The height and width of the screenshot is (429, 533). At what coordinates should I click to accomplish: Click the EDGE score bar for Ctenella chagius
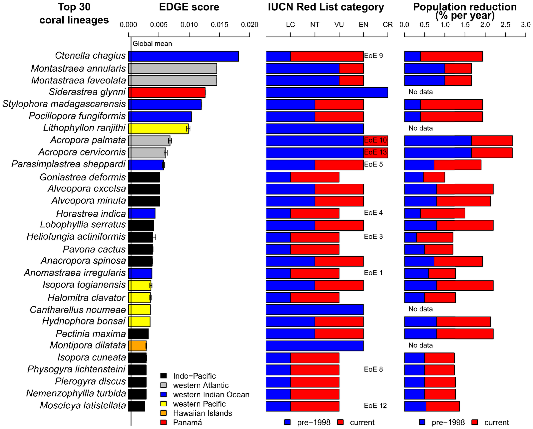point(184,56)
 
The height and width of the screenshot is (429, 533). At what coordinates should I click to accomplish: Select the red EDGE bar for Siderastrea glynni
point(167,92)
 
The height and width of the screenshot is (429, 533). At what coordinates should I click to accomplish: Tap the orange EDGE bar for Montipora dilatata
point(137,346)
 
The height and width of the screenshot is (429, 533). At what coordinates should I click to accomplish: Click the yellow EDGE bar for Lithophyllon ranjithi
point(158,128)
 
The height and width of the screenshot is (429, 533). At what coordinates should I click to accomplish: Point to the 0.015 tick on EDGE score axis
point(220,25)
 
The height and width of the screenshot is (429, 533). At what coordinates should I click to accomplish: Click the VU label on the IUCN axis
point(339,25)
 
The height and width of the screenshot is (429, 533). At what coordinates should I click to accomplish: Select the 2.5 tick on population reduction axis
point(505,25)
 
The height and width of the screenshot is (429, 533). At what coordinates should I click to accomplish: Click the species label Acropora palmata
point(88,140)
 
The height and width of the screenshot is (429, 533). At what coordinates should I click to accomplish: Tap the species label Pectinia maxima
point(91,333)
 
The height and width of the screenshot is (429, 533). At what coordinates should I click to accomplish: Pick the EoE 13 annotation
point(375,152)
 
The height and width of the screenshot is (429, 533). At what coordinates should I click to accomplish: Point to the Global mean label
point(152,44)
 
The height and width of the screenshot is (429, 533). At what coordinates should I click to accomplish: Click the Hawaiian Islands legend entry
point(202,413)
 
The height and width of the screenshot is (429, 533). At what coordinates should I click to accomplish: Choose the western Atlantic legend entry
point(201,385)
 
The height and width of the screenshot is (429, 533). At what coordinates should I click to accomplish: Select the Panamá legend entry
point(187,423)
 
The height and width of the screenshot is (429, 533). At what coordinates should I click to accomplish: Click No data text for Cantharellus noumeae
point(420,309)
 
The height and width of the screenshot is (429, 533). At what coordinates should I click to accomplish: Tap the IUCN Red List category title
point(326,7)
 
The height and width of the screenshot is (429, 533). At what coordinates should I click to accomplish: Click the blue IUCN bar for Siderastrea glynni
point(327,92)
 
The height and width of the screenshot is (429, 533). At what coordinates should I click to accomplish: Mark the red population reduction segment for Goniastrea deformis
point(434,177)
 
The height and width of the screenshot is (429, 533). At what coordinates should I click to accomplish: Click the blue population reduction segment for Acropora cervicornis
point(438,152)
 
